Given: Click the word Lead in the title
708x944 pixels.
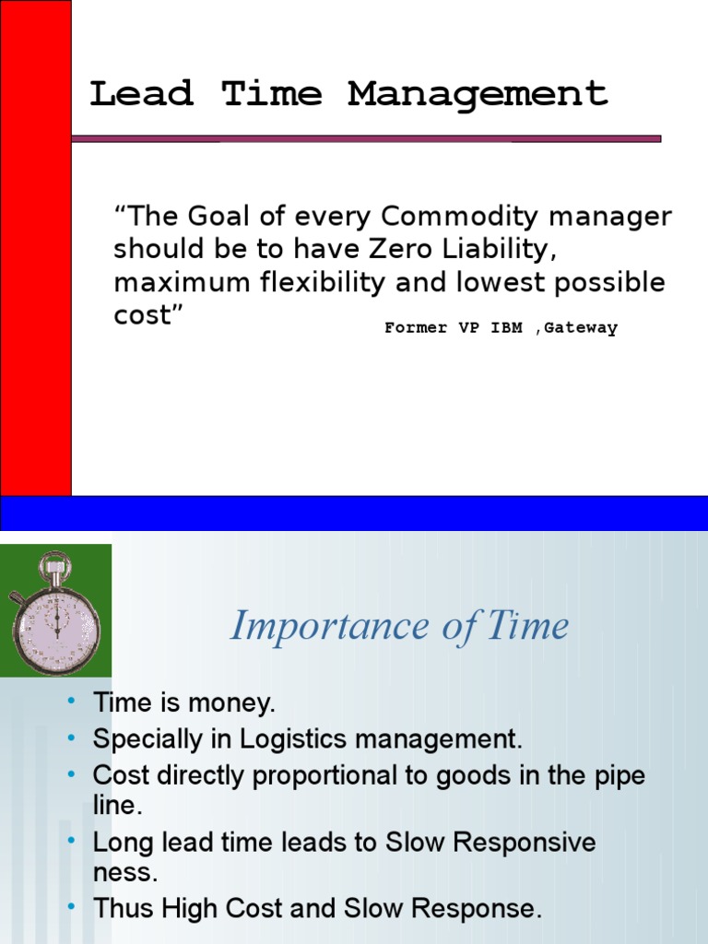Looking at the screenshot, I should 141,94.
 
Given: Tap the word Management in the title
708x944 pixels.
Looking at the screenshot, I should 478,94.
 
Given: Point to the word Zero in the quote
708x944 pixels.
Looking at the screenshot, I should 407,250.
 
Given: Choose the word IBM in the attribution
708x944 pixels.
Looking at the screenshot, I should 506,328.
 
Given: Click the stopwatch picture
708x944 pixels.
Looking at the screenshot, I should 55,610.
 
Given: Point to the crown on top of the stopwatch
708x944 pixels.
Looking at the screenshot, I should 54,561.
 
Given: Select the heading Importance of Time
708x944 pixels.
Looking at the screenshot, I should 399,627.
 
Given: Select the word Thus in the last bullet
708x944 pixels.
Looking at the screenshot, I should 124,908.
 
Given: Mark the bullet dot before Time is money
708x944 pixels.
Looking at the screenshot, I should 72,702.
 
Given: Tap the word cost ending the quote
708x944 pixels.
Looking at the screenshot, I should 143,316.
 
